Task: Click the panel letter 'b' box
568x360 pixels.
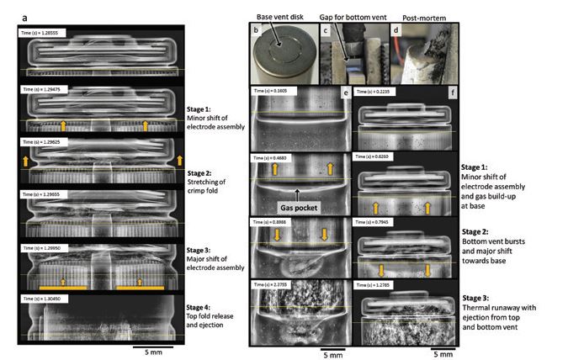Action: tap(254, 29)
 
